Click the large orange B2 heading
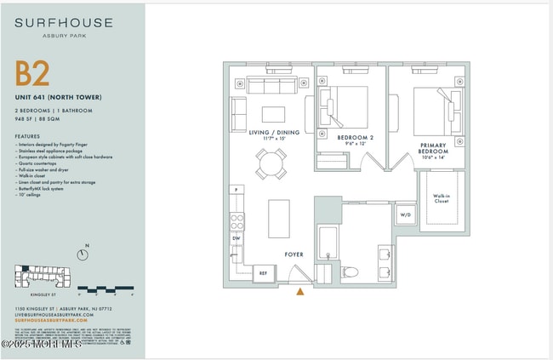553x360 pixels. click(33, 74)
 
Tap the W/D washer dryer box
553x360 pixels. click(405, 214)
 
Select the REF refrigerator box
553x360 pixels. click(264, 274)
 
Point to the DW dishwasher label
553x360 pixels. click(236, 238)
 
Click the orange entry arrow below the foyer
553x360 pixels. click(299, 292)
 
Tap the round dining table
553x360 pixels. click(271, 163)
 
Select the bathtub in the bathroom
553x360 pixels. click(328, 244)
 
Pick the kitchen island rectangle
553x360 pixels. click(279, 219)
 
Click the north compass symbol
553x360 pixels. click(83, 254)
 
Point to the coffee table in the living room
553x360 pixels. click(274, 114)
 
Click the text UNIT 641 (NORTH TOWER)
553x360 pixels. click(54, 100)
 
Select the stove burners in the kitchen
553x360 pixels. click(237, 220)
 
